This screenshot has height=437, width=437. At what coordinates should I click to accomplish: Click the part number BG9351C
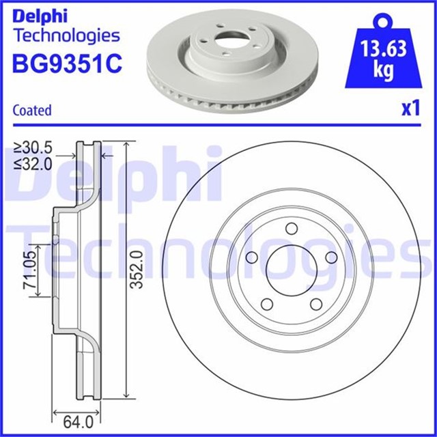[x=67, y=64]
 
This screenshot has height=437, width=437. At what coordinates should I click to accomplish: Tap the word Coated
[x=32, y=110]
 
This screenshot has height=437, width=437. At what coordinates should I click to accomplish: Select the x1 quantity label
[x=410, y=109]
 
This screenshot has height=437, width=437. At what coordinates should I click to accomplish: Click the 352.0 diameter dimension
[x=136, y=269]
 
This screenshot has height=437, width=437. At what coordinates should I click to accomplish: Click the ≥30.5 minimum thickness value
[x=33, y=147]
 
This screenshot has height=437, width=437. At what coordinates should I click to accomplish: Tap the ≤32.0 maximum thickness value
[x=33, y=163]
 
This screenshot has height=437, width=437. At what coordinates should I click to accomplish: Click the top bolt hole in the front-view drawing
[x=290, y=229]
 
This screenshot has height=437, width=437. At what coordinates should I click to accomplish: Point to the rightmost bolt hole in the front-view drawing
[x=332, y=257]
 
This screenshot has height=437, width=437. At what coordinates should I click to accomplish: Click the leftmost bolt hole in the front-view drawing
[x=250, y=257]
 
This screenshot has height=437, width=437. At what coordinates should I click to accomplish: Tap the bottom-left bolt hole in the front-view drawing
[x=265, y=305]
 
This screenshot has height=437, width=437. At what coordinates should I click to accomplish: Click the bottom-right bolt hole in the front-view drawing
[x=316, y=305]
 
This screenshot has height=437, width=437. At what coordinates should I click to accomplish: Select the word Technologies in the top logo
[x=66, y=35]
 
